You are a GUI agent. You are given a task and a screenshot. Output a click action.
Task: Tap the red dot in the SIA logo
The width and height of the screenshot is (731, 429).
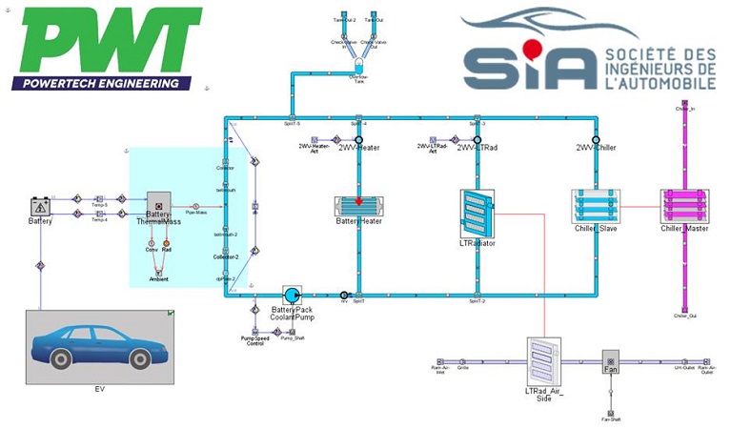point(533,48)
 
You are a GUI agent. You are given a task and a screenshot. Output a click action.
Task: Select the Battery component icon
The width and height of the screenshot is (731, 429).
point(40,205)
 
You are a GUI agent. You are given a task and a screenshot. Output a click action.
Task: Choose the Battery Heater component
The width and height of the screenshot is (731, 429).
point(358,206)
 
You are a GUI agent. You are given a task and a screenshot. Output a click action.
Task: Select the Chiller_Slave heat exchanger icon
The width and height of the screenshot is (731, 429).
point(596,205)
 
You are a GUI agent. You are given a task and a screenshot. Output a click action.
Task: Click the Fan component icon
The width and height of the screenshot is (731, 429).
point(610,363)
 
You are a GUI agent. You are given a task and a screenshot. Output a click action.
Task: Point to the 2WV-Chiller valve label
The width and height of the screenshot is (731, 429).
point(597,148)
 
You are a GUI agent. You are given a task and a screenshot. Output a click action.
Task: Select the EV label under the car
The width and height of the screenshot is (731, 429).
point(99,389)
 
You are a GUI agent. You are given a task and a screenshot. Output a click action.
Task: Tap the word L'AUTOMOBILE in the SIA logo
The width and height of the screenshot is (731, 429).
point(659,84)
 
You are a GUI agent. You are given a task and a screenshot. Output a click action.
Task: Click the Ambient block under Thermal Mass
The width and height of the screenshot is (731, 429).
point(159,279)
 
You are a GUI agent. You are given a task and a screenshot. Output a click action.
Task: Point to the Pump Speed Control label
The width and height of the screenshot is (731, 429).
point(254,339)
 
